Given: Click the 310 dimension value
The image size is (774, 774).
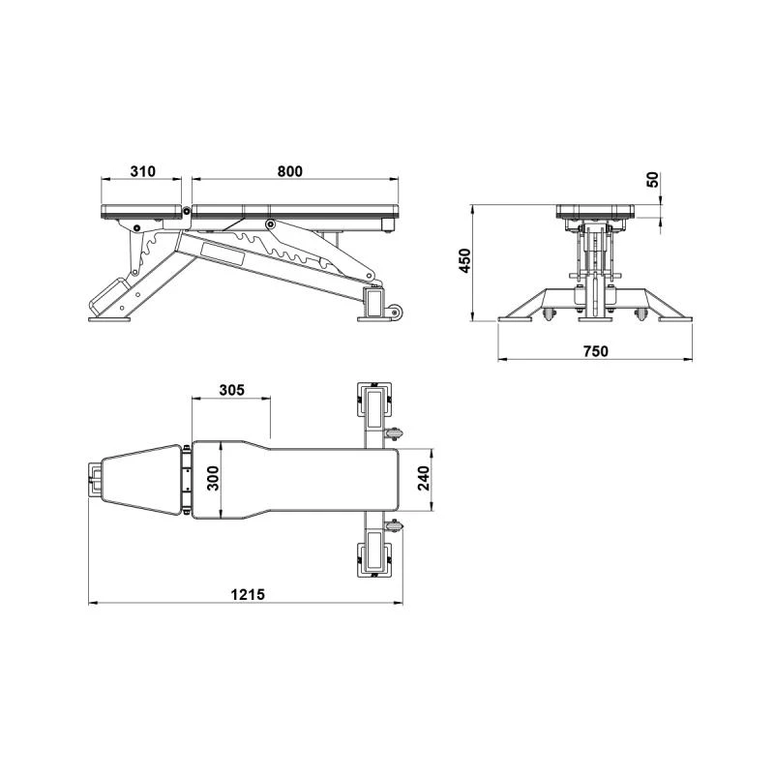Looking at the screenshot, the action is [x=142, y=171].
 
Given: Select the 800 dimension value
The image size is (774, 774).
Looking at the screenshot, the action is [x=289, y=171].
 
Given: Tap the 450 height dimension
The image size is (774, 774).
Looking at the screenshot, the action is [x=465, y=260].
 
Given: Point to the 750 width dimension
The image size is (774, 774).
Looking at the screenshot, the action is [x=596, y=351].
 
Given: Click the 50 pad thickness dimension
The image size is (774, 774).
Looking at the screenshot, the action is [x=652, y=179].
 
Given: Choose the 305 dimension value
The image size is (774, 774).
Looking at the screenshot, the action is [x=231, y=390].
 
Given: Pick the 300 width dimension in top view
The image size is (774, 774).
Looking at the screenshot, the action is [x=213, y=478].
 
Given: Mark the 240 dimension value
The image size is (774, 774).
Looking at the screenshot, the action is [x=424, y=478].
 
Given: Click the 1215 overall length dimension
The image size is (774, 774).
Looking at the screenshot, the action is [x=248, y=594].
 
